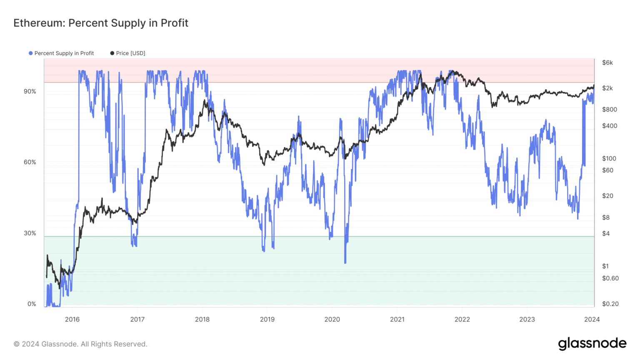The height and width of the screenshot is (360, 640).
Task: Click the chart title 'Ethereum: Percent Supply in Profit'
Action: pos(101,23)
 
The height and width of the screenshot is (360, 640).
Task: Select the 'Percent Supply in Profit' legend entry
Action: pos(64,53)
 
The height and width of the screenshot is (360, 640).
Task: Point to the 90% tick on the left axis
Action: pos(30,92)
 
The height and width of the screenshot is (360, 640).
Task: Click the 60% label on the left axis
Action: pos(30,162)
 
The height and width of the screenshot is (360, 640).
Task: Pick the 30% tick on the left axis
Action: pos(30,233)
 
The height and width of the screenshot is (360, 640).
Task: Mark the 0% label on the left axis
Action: pos(32,304)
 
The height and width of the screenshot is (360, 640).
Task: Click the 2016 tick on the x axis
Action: pos(72,320)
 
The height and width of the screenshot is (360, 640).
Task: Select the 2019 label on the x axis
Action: pos(267,320)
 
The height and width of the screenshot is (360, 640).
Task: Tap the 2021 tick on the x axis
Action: pos(397,320)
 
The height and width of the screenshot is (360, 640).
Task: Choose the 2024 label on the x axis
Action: pos(592,320)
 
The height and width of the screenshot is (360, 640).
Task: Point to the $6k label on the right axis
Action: pos(607,63)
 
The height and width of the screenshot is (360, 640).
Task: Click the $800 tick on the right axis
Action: pos(610,110)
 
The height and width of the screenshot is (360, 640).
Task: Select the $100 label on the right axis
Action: pos(609,159)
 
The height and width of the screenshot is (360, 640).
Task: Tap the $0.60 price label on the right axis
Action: pos(610,278)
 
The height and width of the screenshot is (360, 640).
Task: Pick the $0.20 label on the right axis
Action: pos(610,304)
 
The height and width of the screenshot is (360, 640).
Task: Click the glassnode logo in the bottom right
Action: pos(592,344)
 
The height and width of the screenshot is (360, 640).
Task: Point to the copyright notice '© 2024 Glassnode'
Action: pos(80,344)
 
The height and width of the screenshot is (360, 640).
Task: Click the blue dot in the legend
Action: pos(30,53)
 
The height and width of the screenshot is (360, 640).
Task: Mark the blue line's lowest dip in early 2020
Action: pos(345,262)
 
